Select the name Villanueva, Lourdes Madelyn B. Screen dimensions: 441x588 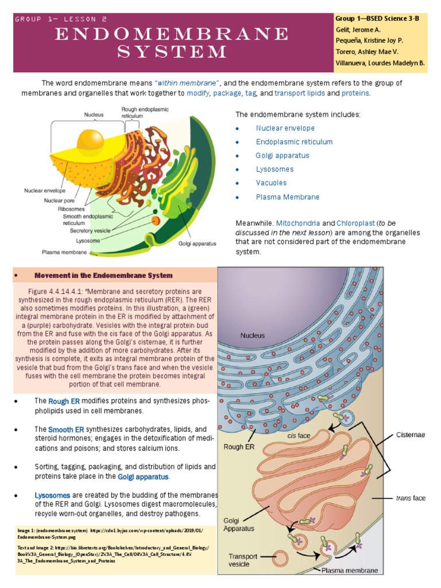pyautogui.click(x=380, y=62)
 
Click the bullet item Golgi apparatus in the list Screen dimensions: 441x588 pyautogui.click(x=283, y=156)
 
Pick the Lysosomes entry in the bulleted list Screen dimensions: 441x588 pyautogui.click(x=274, y=169)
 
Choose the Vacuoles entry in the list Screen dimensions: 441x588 pyautogui.click(x=271, y=183)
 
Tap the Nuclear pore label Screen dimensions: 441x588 pyautogui.click(x=61, y=200)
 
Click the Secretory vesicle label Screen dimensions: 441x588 pyautogui.click(x=90, y=230)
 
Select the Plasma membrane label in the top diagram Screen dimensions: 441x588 pyautogui.click(x=64, y=252)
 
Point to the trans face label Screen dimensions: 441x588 pyautogui.click(x=411, y=498)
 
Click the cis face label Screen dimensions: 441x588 pyautogui.click(x=299, y=435)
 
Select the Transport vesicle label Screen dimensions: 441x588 pyautogui.click(x=243, y=560)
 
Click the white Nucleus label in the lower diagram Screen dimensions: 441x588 pyautogui.click(x=253, y=335)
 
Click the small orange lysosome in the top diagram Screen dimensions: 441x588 pyautogui.click(x=156, y=220)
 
